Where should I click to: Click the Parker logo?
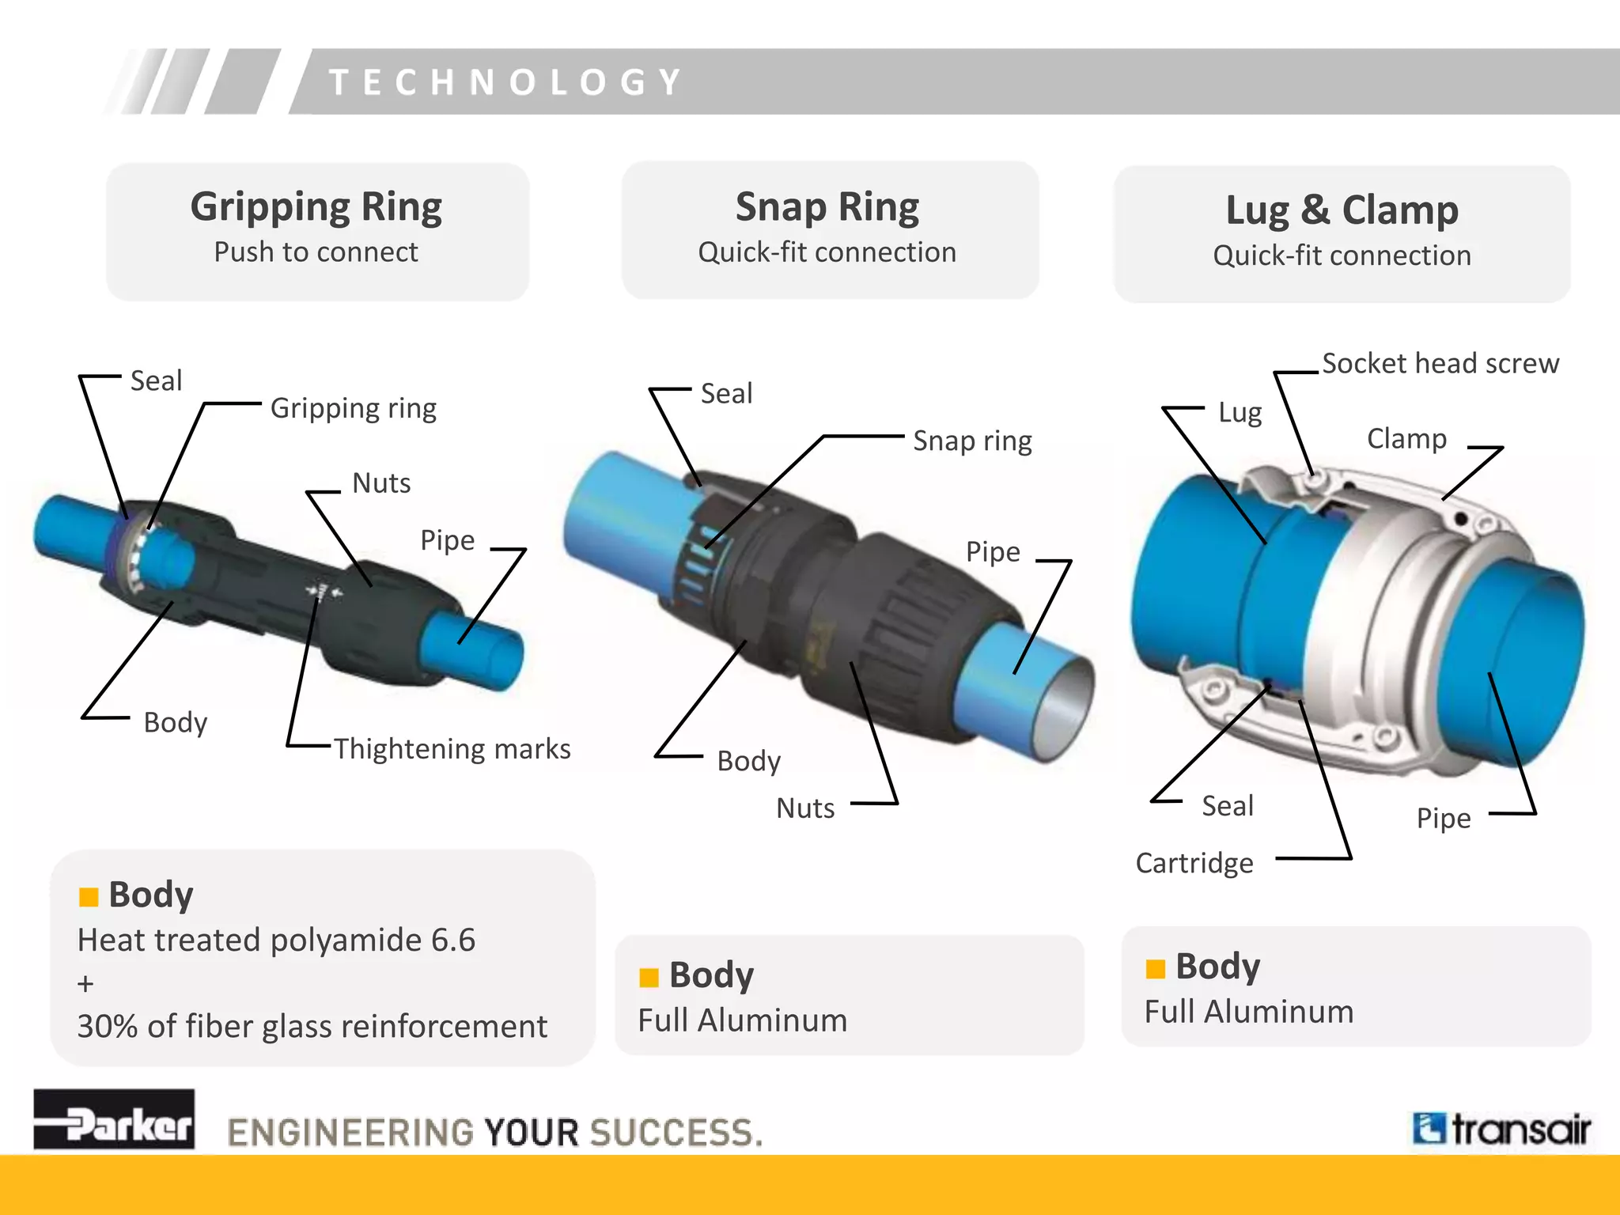click(x=114, y=1119)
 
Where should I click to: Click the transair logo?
click(x=1501, y=1129)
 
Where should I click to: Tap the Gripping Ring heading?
click(x=316, y=207)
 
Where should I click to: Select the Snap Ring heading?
click(x=827, y=207)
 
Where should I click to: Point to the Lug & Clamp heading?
click(x=1342, y=210)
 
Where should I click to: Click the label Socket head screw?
click(x=1440, y=363)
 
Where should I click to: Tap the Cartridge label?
click(x=1194, y=863)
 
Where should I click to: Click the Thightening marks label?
click(x=452, y=748)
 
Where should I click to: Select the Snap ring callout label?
click(x=972, y=441)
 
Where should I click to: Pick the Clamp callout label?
click(x=1406, y=438)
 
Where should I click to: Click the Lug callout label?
click(x=1240, y=412)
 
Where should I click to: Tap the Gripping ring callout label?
click(x=353, y=408)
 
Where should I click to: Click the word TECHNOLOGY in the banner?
click(x=506, y=82)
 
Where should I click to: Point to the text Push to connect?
click(x=316, y=252)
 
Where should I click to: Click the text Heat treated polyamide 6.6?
click(x=276, y=940)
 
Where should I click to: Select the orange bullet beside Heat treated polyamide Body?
click(x=89, y=897)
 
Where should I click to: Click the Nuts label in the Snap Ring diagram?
click(x=805, y=808)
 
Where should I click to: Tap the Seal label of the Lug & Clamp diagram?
click(x=1228, y=805)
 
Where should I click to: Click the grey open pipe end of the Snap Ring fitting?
click(x=1065, y=706)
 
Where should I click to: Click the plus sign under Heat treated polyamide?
click(x=85, y=984)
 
